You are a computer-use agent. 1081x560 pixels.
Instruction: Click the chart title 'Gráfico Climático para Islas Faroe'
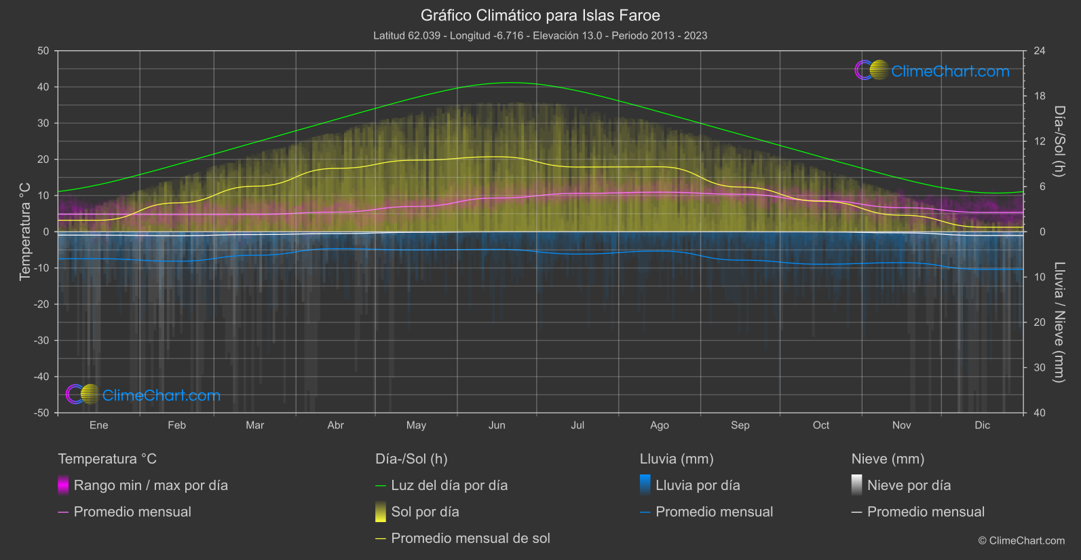pos(540,16)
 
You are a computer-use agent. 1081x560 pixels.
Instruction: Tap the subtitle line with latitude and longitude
pos(540,35)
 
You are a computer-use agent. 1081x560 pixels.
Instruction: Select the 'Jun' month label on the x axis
pos(497,425)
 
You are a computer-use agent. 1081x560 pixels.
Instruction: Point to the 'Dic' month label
pos(982,425)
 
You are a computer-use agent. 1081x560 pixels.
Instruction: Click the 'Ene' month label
pos(99,425)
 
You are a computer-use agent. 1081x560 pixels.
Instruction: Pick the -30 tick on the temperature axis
pos(41,340)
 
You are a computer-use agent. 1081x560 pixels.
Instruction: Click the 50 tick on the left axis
pos(43,51)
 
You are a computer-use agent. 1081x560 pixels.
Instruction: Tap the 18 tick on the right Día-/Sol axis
pos(1040,96)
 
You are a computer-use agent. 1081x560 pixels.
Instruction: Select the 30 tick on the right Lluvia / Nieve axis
pos(1040,367)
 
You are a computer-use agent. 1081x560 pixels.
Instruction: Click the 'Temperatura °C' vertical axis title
pos(25,231)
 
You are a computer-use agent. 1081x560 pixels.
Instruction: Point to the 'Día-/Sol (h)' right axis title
pos(1059,141)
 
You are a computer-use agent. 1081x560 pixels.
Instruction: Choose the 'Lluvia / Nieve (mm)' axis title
pos(1059,322)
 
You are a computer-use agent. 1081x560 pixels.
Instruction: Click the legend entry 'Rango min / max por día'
pos(151,485)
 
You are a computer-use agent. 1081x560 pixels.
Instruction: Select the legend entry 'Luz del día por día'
pos(449,485)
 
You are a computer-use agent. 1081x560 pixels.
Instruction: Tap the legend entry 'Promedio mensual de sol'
pos(470,538)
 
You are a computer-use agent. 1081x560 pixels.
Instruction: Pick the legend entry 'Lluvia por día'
pos(698,485)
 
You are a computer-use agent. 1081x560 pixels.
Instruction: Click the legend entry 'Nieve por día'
pos(909,485)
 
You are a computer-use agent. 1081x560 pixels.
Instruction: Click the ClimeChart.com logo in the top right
pos(932,71)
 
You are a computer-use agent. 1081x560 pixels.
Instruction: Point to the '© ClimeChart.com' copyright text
pos(1021,541)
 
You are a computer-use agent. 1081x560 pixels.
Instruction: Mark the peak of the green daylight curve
pos(510,83)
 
